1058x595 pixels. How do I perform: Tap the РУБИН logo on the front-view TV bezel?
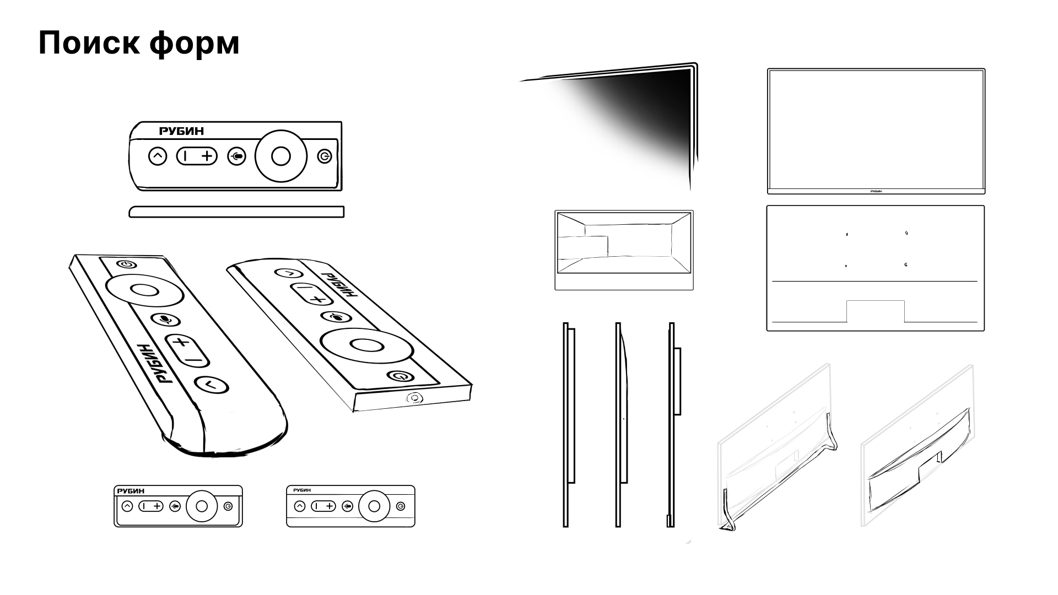[x=876, y=191]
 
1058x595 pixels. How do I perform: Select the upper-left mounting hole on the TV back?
[x=847, y=234]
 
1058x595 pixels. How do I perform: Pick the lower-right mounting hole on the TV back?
[x=906, y=265]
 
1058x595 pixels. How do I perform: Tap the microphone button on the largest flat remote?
[x=237, y=156]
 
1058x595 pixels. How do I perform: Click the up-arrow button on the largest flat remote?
[x=158, y=156]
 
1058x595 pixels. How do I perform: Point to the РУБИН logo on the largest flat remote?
[x=181, y=131]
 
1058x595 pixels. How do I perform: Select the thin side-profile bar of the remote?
[x=236, y=212]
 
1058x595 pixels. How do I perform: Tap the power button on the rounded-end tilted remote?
[x=127, y=264]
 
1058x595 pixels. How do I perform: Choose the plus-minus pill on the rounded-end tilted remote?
[x=187, y=350]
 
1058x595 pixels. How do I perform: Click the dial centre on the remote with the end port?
[x=366, y=345]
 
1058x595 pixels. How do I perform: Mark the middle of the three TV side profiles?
[x=621, y=425]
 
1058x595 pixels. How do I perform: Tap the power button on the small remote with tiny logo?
[x=401, y=506]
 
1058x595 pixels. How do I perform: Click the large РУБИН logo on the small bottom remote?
[x=131, y=491]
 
